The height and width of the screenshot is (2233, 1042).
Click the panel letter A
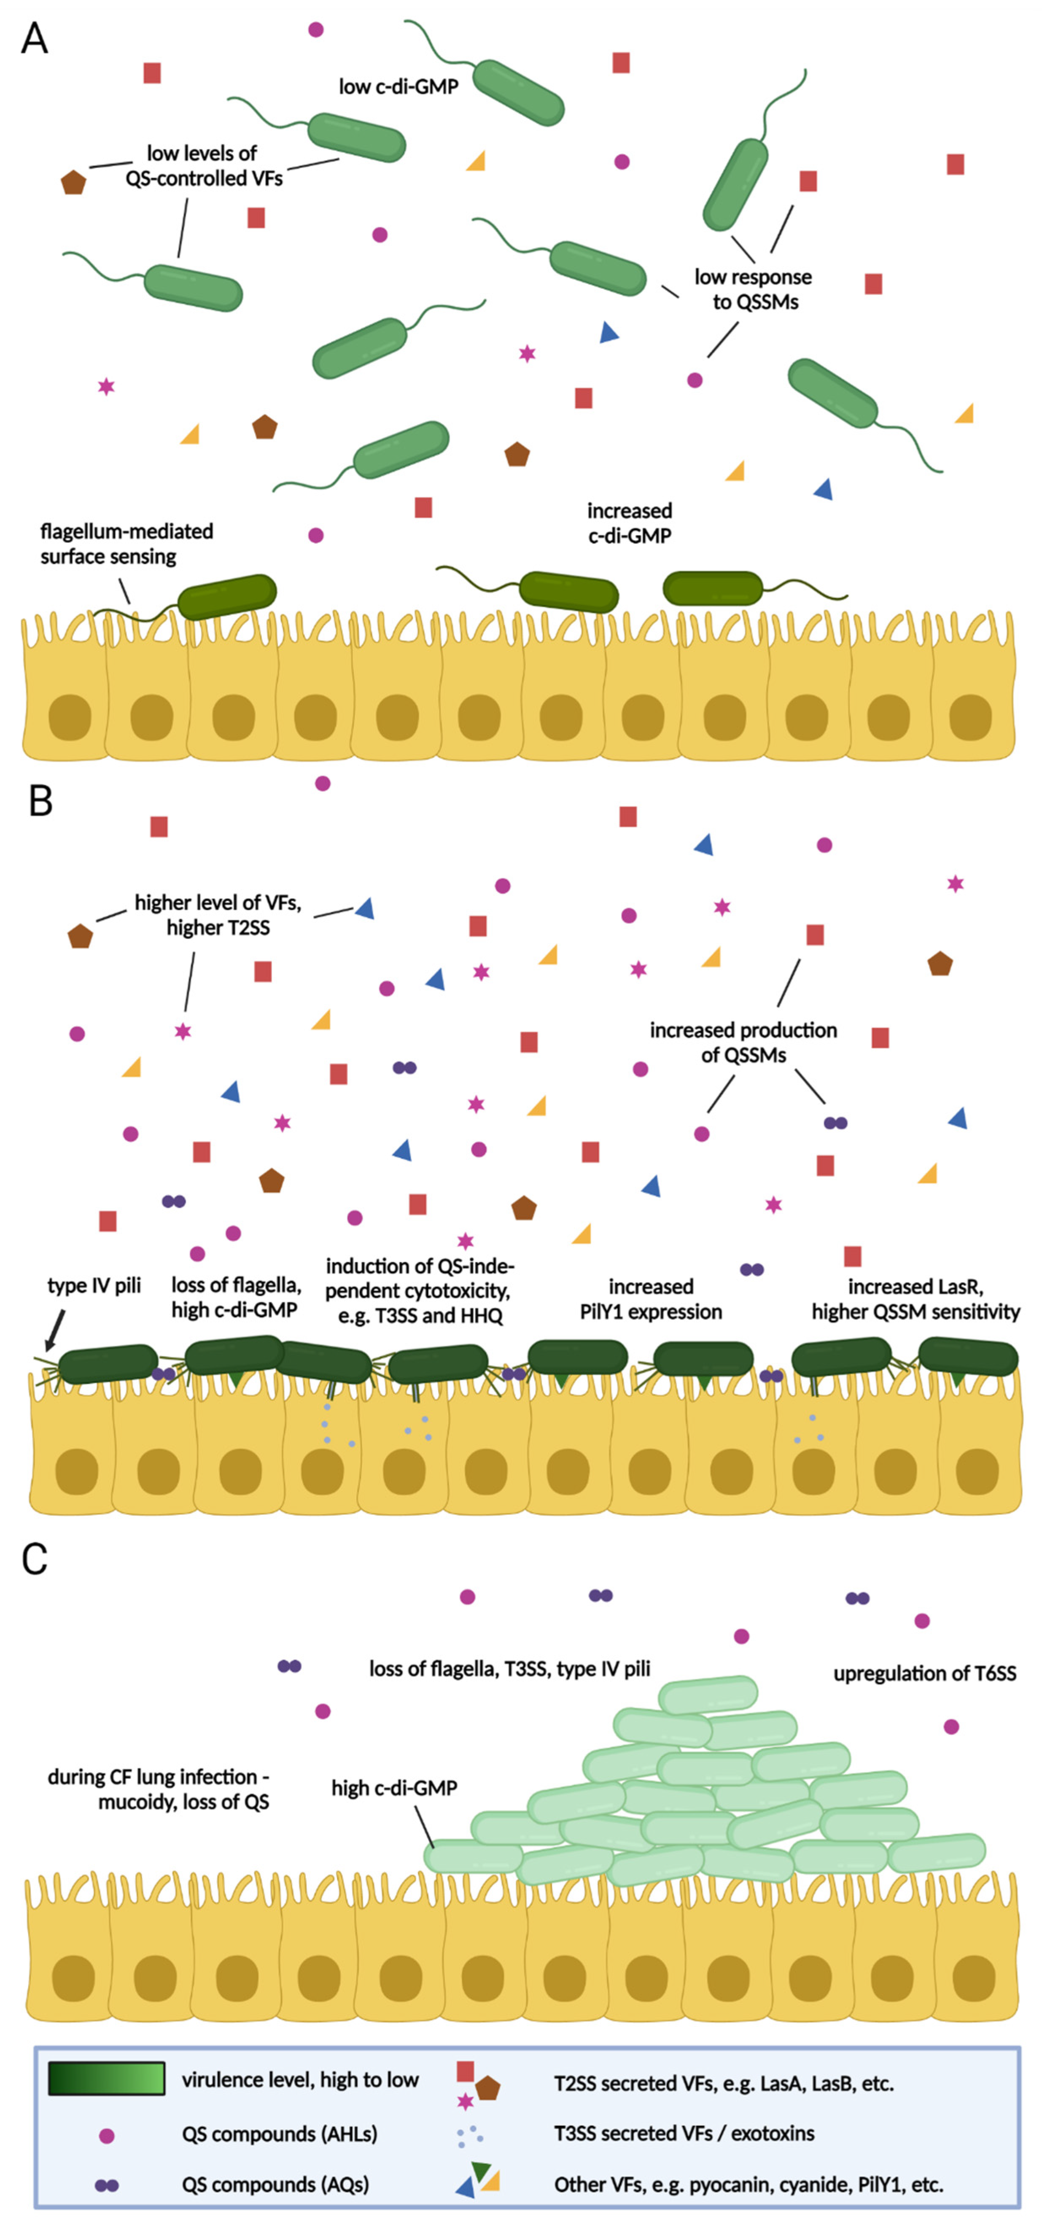[35, 39]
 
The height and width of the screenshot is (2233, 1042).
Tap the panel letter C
[35, 1560]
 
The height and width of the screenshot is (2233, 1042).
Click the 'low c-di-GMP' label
[398, 87]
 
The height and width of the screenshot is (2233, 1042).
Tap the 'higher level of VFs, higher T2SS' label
[218, 916]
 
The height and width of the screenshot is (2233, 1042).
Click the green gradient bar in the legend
[106, 2079]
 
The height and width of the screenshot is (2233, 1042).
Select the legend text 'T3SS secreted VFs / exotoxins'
[684, 2133]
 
